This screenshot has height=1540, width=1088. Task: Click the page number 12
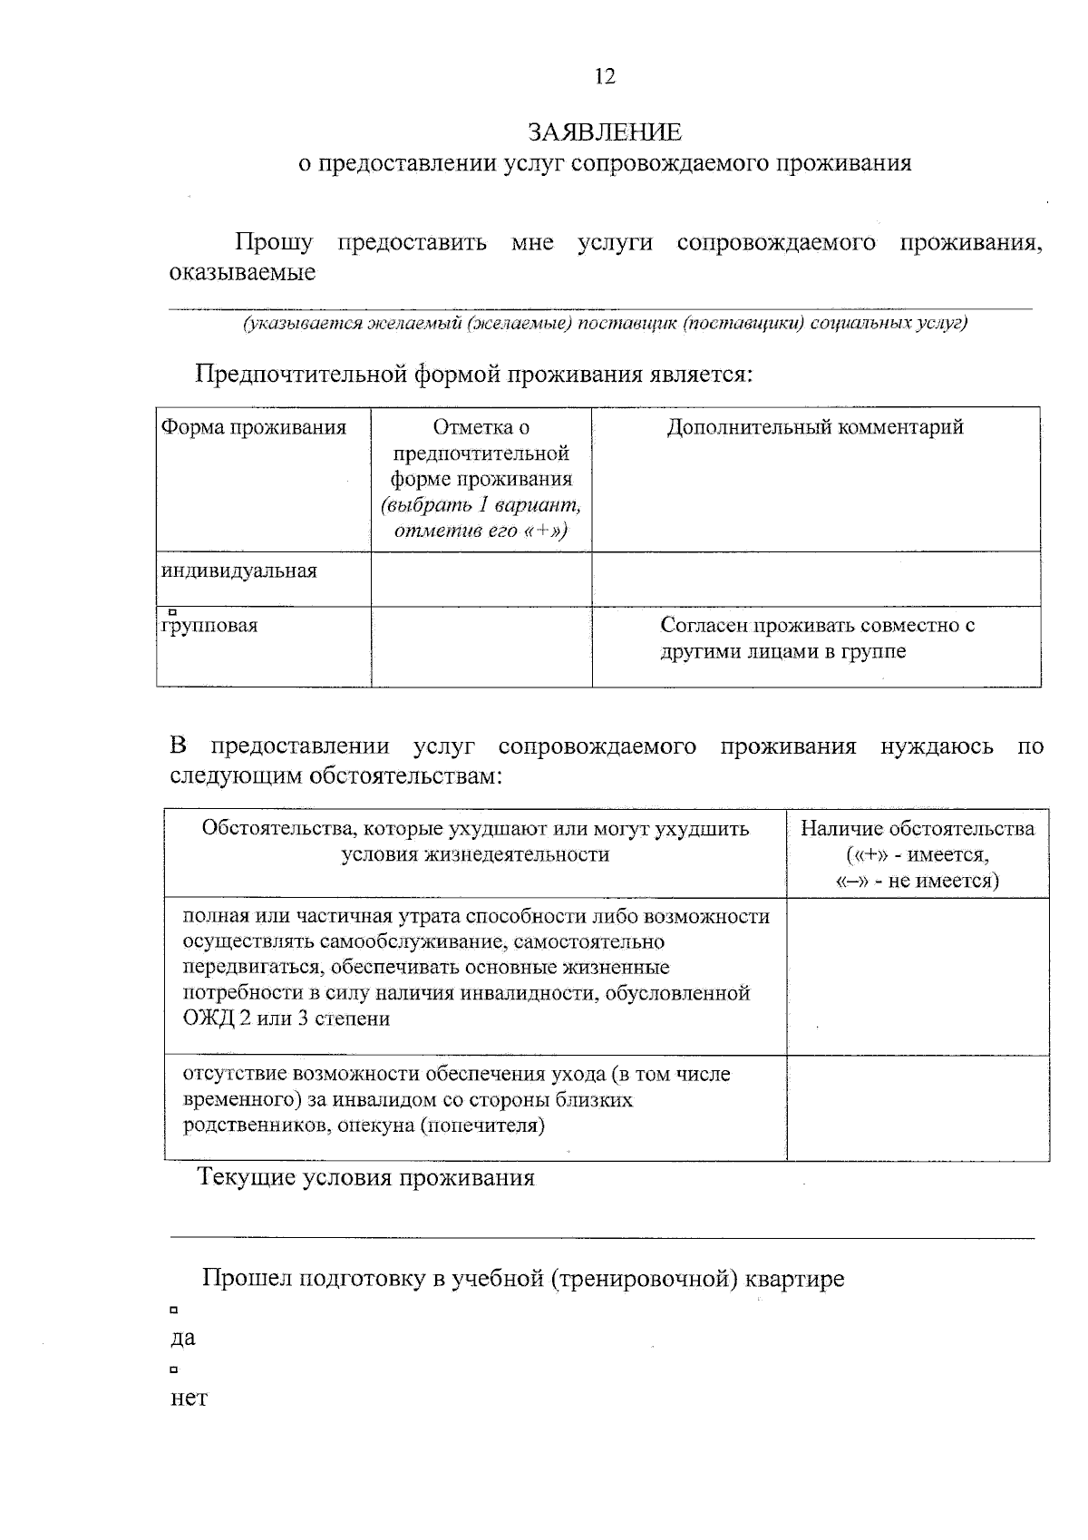coord(605,77)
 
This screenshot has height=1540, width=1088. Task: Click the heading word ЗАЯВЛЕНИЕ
coord(605,132)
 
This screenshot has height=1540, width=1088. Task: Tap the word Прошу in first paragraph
coord(274,243)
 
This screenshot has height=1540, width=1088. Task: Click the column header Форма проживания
coord(254,427)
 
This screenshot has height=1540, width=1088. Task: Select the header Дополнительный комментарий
coord(815,427)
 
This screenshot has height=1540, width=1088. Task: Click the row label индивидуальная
coord(239,571)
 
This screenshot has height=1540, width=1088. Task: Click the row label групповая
coord(209,626)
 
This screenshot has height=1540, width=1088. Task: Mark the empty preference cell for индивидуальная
coord(481,579)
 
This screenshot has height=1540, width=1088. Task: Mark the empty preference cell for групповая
coord(481,646)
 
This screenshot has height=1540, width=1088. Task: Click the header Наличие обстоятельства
coord(917,829)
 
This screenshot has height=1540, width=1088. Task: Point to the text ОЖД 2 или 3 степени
coord(287,1019)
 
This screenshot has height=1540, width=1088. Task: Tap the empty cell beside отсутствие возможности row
coord(917,1107)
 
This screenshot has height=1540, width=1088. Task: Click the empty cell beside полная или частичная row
coord(917,976)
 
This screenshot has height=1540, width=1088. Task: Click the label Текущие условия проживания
coord(366,1178)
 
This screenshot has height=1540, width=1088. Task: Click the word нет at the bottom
coord(189,1399)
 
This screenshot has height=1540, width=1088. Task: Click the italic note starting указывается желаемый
coord(605,324)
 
